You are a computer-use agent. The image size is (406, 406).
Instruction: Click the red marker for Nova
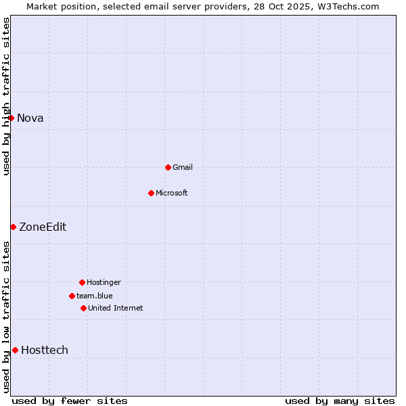click(x=11, y=118)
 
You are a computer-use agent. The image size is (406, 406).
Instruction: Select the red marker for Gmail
click(x=168, y=167)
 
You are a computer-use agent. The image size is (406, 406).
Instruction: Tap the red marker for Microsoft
click(x=151, y=193)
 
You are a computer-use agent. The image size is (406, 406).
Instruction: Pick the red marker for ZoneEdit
click(x=13, y=227)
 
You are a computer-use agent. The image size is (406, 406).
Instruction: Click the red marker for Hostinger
click(x=82, y=282)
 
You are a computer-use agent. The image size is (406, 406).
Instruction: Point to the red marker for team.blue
click(x=72, y=296)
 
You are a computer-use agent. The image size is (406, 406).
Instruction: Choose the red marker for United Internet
click(x=83, y=308)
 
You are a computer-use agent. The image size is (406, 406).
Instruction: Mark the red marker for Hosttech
click(x=15, y=350)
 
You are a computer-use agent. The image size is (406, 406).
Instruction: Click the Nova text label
click(x=30, y=118)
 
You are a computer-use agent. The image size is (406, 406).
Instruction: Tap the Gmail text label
click(x=183, y=167)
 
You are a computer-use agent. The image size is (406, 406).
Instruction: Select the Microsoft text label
click(x=172, y=193)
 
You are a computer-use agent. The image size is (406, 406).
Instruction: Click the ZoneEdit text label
click(x=43, y=227)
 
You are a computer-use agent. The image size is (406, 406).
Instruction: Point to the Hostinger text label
click(x=104, y=282)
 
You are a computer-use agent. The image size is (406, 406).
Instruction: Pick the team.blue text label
click(x=95, y=296)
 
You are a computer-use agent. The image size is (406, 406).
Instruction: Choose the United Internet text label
click(x=116, y=308)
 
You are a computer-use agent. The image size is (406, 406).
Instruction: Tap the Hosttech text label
click(x=45, y=350)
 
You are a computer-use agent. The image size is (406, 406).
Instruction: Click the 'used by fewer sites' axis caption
click(x=70, y=401)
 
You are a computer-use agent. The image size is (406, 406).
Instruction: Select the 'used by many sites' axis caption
click(x=340, y=401)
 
